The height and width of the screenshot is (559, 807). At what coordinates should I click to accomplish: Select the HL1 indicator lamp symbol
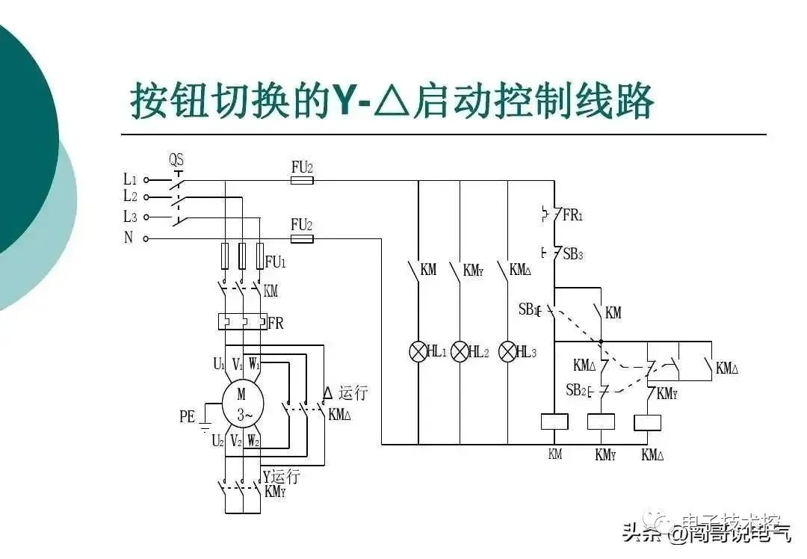(x=418, y=351)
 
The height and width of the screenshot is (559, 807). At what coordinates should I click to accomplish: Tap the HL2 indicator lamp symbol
(x=460, y=351)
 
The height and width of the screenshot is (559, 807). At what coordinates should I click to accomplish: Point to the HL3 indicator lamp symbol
(x=507, y=351)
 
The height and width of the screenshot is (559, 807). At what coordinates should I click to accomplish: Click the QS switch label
(x=176, y=160)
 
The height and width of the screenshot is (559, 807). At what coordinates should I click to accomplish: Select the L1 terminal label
(x=130, y=179)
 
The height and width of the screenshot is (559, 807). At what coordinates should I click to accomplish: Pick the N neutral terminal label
(x=129, y=238)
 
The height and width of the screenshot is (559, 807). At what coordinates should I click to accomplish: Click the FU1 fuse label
(x=276, y=262)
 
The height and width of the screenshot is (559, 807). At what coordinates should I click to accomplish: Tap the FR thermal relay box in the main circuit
(x=242, y=322)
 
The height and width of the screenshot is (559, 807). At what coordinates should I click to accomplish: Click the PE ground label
(x=187, y=417)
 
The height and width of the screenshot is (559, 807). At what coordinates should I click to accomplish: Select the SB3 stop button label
(x=572, y=254)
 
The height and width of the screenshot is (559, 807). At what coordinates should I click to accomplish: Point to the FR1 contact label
(x=572, y=216)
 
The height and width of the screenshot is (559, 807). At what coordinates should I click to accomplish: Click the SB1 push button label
(x=528, y=308)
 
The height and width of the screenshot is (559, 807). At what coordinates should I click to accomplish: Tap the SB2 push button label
(x=575, y=389)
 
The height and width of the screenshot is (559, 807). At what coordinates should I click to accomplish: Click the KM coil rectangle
(x=554, y=421)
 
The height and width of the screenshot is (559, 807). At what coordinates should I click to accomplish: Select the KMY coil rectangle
(x=601, y=421)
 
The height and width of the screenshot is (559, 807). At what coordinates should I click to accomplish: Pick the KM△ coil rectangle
(x=647, y=421)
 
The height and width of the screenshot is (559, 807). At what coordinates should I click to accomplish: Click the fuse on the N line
(x=301, y=238)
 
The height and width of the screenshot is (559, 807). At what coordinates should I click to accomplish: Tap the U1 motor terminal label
(x=218, y=365)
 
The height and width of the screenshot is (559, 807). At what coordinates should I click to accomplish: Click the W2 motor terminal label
(x=254, y=442)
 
